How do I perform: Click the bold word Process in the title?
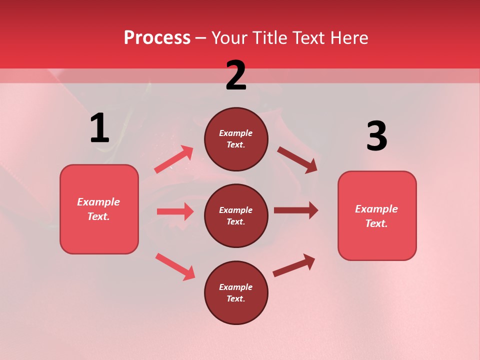[157, 38]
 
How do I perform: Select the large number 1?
[99, 128]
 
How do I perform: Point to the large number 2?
[236, 75]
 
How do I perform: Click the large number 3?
[376, 136]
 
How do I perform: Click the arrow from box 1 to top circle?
[173, 159]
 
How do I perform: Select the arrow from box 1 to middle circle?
[175, 211]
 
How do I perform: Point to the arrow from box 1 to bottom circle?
[175, 266]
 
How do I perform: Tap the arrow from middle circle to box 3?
[295, 210]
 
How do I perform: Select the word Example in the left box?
[98, 202]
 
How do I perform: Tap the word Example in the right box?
[376, 209]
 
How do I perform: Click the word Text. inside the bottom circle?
[236, 298]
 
